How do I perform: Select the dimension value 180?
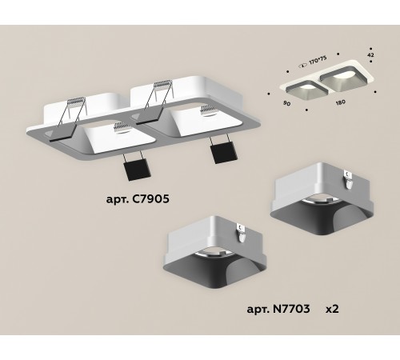point(341,103)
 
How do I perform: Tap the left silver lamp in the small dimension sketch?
point(296,86)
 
